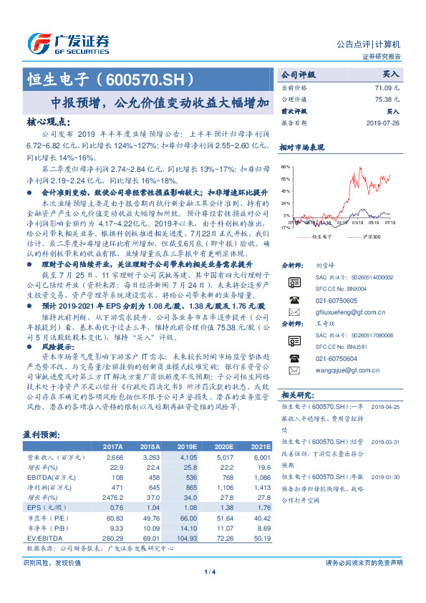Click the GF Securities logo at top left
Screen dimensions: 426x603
click(x=67, y=41)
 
